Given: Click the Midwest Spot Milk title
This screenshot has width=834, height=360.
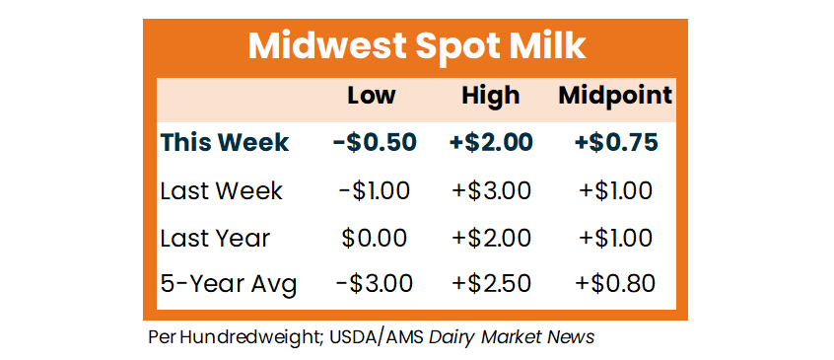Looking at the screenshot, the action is [416, 46].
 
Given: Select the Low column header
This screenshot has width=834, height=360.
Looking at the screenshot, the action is [372, 96].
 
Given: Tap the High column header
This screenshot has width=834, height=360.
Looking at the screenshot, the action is [490, 97].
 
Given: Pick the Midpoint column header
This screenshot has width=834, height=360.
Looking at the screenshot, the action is [615, 97].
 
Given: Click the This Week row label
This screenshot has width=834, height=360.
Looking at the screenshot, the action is [225, 142].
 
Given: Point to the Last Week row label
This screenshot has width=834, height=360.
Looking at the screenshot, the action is [221, 190].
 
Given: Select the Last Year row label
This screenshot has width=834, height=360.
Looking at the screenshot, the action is [216, 238].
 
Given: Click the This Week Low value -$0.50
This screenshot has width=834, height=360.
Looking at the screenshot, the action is [374, 142].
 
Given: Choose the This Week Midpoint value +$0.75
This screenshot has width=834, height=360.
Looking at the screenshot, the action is [615, 142].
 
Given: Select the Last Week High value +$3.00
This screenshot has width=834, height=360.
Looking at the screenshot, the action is [491, 190].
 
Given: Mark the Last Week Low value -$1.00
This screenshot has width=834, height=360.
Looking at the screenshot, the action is [374, 190].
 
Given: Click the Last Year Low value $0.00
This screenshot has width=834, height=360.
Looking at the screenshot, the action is [374, 238].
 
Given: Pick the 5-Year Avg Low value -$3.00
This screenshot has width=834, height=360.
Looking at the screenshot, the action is [374, 284].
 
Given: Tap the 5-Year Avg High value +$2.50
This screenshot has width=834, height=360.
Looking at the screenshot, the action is [491, 284].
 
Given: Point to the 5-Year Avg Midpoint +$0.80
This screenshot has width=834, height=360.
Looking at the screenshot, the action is [615, 284].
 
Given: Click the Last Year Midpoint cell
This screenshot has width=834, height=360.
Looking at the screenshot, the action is [615, 238].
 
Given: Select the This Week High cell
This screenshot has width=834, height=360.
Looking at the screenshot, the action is [491, 142].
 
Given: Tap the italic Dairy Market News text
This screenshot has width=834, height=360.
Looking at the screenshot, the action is [511, 337].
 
